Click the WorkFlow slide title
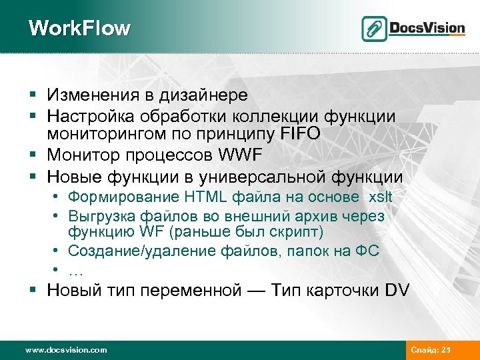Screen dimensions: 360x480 click(80, 29)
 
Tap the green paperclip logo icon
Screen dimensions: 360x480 click(374, 28)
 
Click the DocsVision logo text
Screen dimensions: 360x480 click(426, 28)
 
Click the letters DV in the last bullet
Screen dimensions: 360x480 click(398, 291)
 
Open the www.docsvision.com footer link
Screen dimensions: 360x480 click(65, 349)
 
